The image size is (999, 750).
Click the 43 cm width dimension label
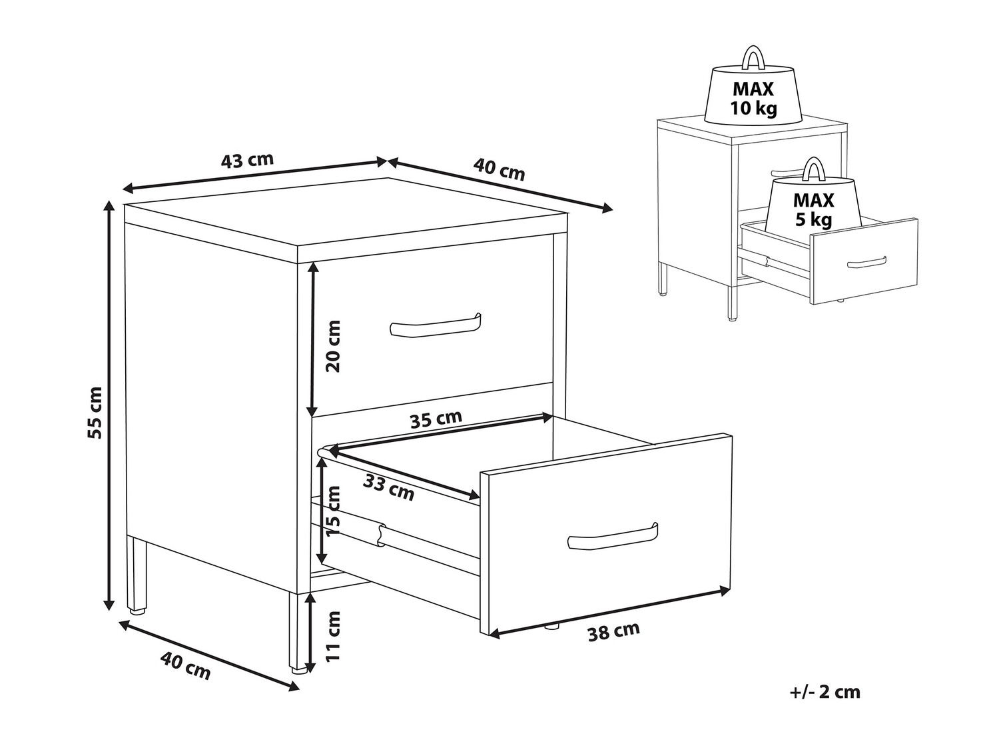click(248, 160)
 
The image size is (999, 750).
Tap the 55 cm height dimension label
click(95, 413)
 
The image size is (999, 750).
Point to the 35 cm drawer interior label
click(436, 419)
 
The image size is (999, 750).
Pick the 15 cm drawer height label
click(334, 511)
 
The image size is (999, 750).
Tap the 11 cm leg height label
click(334, 637)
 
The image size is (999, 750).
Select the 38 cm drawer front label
click(614, 631)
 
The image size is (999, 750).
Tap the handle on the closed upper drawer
click(436, 326)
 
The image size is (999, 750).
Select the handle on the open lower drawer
click(613, 537)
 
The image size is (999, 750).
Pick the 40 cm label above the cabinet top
click(499, 169)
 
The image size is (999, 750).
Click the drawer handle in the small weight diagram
click(866, 263)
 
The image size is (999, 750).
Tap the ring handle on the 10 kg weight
click(754, 57)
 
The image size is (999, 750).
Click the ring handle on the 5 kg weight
click(813, 169)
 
